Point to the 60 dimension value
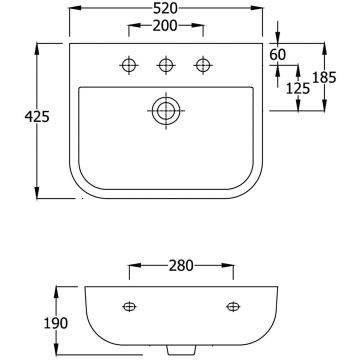(278, 53)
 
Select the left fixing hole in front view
(129, 306)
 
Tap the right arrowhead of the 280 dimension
(235, 267)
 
